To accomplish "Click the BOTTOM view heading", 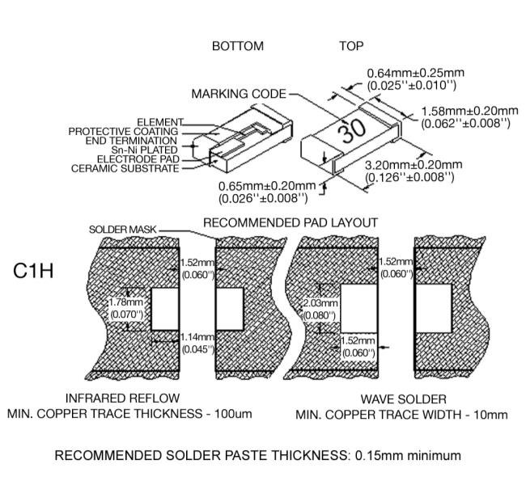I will tap(237, 47).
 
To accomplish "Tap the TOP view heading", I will tap(351, 47).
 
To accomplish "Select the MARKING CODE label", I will tap(239, 95).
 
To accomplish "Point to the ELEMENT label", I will tap(160, 122).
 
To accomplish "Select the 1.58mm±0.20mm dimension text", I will tap(469, 111).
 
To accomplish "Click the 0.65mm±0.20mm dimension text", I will tap(266, 185).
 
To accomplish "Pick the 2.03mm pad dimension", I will tap(317, 302).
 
